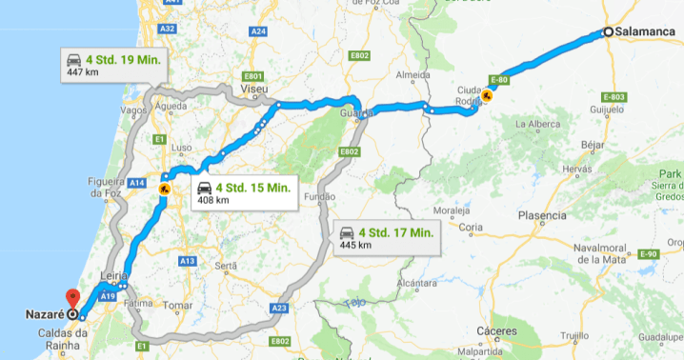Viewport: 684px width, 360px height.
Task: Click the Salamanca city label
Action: (x=646, y=31)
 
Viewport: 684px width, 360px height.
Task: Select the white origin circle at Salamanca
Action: (x=608, y=31)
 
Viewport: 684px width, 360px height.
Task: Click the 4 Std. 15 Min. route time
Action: (x=252, y=187)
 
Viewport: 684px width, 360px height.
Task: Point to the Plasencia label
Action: (x=542, y=215)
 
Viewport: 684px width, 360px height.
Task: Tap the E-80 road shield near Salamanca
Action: (x=501, y=81)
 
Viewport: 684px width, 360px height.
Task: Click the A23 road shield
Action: (x=279, y=308)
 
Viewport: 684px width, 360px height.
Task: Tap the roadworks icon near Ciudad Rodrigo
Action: (x=487, y=95)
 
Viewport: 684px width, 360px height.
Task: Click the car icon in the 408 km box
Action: (x=204, y=188)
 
